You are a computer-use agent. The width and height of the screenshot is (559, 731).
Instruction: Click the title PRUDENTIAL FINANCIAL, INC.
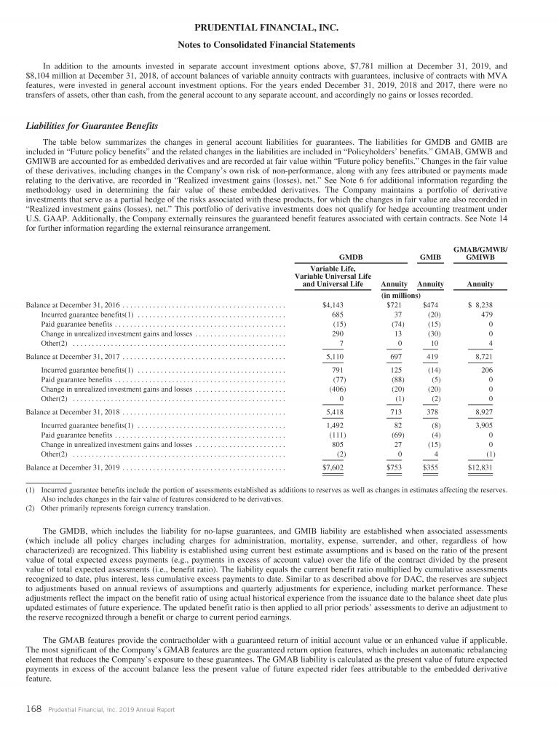click(x=279, y=28)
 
